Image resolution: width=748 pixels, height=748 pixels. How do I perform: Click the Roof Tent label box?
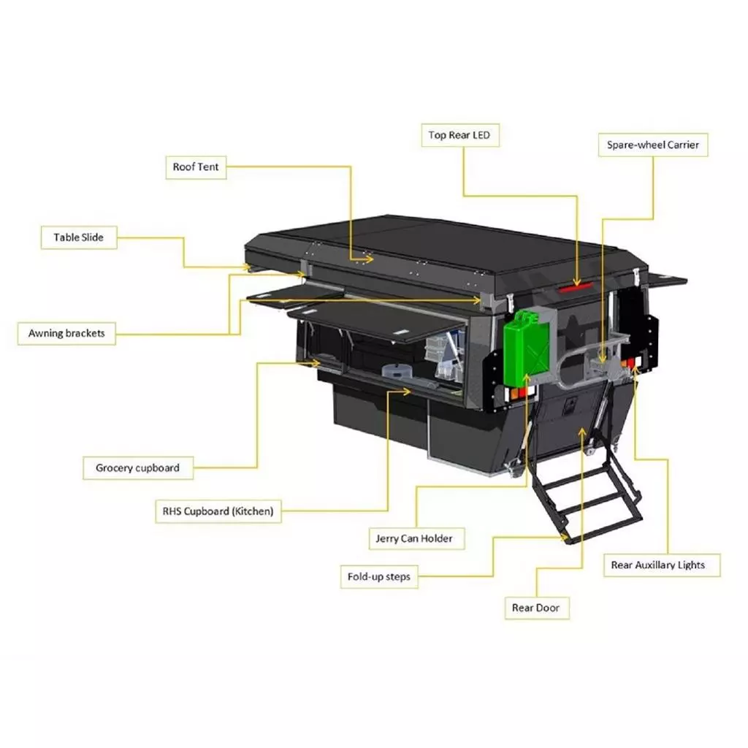pos(195,167)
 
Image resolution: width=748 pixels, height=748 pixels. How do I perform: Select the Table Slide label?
pos(78,237)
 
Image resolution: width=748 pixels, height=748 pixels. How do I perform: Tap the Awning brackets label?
pos(66,334)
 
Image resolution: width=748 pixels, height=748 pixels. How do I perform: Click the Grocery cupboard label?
pos(137,468)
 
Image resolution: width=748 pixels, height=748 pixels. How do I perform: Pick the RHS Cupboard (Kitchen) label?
pos(218,511)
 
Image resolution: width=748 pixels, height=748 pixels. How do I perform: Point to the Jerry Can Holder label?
pos(414,539)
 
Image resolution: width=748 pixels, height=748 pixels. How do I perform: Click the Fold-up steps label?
pos(379,577)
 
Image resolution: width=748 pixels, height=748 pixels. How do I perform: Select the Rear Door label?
pos(536,608)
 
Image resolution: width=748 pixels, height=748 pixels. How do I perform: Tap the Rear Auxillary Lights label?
pos(657,565)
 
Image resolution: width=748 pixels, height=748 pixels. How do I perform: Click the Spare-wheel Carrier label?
pos(652,145)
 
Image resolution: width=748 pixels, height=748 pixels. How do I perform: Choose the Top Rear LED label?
pos(459,135)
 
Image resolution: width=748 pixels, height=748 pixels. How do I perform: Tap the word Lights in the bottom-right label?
pos(690,565)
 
